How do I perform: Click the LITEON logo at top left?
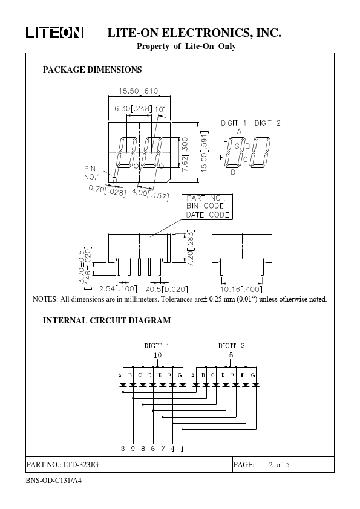click(x=54, y=33)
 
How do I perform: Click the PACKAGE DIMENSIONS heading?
click(x=93, y=70)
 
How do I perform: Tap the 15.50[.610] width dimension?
click(x=139, y=91)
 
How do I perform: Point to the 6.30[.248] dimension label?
click(x=133, y=108)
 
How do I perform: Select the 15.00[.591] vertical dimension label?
click(x=204, y=152)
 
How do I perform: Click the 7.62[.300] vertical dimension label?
click(x=185, y=154)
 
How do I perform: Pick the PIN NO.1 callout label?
click(x=92, y=173)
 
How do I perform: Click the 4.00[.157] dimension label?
click(x=151, y=194)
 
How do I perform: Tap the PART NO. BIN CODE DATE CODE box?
click(x=208, y=207)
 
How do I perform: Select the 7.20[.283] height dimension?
click(x=191, y=248)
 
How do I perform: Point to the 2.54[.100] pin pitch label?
click(x=118, y=289)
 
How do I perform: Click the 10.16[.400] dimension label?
click(x=241, y=289)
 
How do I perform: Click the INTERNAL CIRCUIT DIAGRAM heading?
click(x=106, y=321)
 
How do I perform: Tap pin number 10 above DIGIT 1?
click(x=157, y=355)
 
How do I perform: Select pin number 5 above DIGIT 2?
click(x=231, y=355)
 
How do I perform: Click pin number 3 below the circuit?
click(x=123, y=449)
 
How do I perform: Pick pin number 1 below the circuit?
click(x=182, y=449)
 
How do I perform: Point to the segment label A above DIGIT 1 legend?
click(x=239, y=131)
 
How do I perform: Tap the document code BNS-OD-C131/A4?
click(x=54, y=481)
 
